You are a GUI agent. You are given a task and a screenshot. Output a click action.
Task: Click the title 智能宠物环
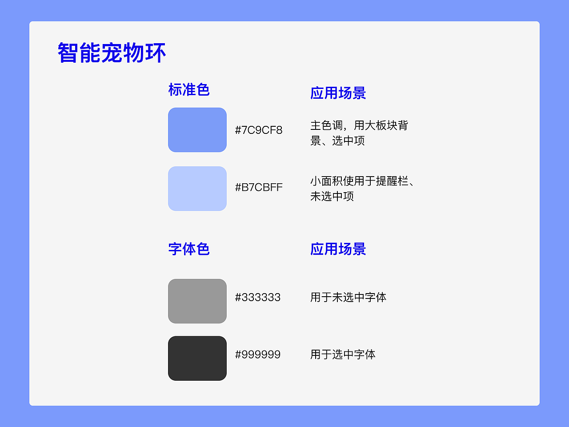coord(112,53)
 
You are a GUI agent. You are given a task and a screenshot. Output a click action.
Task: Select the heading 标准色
coord(188,89)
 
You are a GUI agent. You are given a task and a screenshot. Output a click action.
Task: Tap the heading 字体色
coord(188,249)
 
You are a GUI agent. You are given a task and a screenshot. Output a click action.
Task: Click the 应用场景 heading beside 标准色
coord(338,93)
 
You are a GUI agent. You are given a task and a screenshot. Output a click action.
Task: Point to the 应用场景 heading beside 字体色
coord(338,249)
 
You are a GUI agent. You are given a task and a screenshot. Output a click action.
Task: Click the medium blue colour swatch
coord(197,130)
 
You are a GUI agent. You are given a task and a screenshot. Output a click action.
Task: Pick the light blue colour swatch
coord(197,189)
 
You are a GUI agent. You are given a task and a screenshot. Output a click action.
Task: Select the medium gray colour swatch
coord(197,301)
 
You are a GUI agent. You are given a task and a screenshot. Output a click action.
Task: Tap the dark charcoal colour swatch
coord(197,358)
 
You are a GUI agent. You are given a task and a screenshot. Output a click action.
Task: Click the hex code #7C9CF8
coord(259,130)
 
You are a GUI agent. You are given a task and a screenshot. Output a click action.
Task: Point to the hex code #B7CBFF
coord(259,187)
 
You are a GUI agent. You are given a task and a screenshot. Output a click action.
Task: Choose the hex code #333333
coord(258,297)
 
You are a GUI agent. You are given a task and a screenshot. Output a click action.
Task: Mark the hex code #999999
coord(258,354)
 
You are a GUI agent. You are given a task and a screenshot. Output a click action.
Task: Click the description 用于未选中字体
coord(348,297)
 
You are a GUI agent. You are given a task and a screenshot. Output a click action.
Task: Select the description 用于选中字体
coord(343,354)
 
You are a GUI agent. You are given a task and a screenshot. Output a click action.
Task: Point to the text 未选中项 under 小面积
coord(332,196)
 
